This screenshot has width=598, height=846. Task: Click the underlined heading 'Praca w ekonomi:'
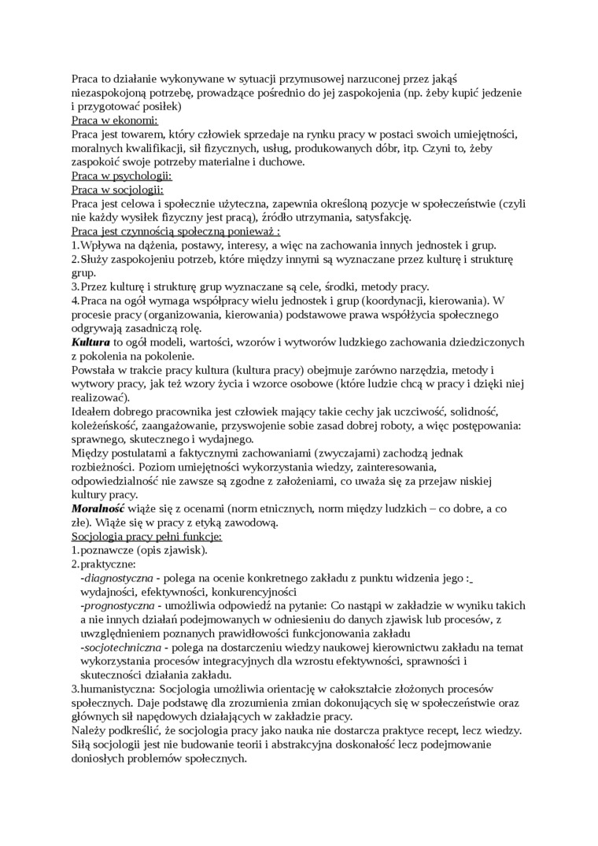pos(115,120)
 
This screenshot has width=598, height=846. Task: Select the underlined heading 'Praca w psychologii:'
pos(121,175)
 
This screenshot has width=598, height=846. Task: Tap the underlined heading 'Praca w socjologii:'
pos(117,190)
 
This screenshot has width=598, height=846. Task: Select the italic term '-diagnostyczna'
pos(116,578)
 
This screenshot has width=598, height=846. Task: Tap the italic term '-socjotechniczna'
pos(120,647)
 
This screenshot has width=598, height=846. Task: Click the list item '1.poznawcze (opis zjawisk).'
pos(138,550)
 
